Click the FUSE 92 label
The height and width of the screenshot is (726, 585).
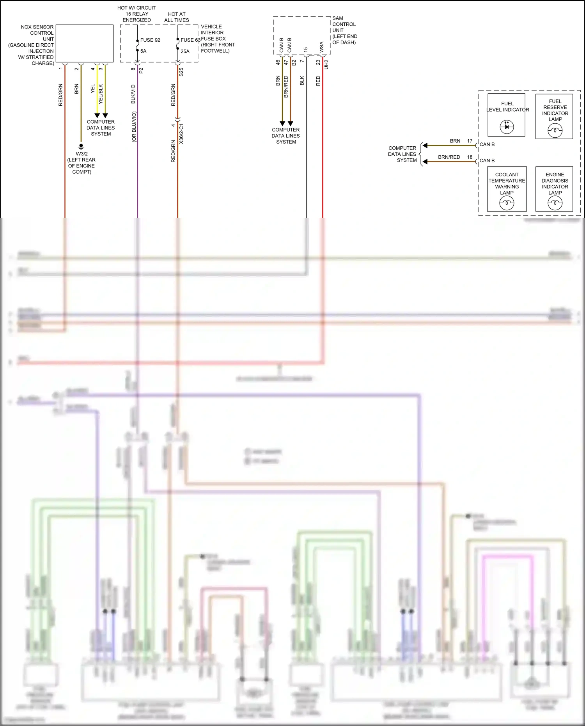(150, 40)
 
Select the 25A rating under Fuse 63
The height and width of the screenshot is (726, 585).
(185, 51)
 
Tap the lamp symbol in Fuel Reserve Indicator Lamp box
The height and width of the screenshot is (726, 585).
(555, 130)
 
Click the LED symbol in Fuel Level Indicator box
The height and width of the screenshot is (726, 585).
(507, 126)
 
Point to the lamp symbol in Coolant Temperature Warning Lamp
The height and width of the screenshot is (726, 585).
(507, 203)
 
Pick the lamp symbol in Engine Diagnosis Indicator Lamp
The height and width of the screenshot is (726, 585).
(555, 203)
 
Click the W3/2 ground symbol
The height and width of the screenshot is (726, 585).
(81, 147)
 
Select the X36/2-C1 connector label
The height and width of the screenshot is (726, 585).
(181, 134)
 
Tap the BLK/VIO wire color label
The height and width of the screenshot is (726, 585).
(133, 94)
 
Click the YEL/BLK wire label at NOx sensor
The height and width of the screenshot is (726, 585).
(101, 94)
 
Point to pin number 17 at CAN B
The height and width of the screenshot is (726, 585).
(470, 141)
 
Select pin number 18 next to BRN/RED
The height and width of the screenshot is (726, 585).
(470, 157)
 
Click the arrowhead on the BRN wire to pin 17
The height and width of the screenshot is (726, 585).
(425, 146)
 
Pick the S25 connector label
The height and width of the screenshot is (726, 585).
(181, 72)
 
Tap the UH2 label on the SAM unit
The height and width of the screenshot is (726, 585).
(326, 64)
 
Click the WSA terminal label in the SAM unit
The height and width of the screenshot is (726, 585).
(321, 47)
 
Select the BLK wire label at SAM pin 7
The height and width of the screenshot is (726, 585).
(302, 81)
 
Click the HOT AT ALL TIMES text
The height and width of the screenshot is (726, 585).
(177, 17)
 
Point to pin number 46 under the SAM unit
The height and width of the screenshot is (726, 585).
(278, 62)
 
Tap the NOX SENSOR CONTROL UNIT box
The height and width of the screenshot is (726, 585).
(85, 43)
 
